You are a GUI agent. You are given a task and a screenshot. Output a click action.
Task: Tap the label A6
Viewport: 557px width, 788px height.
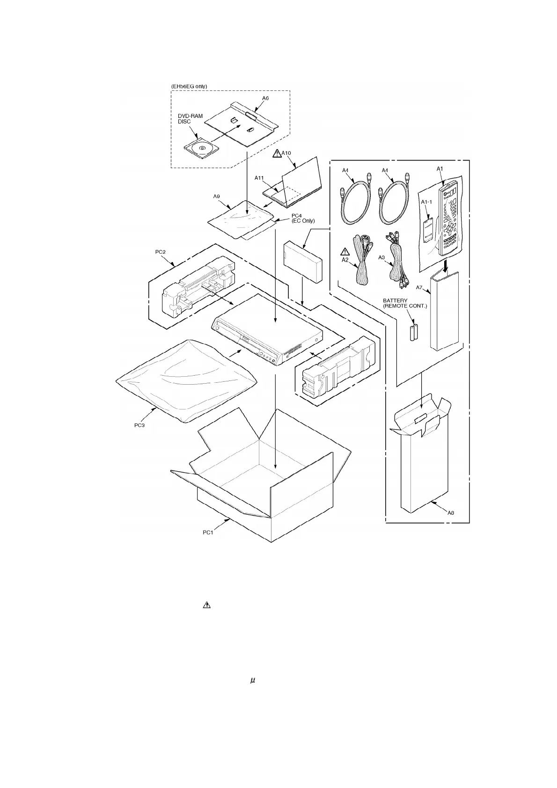coord(265,99)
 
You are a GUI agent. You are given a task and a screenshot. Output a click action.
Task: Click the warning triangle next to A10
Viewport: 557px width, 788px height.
coord(277,153)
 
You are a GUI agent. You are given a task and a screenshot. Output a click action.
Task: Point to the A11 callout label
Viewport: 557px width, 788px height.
coord(260,178)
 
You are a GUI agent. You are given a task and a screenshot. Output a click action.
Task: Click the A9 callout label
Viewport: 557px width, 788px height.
coord(217,197)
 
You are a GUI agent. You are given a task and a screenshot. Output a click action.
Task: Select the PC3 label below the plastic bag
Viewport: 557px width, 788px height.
coord(139,425)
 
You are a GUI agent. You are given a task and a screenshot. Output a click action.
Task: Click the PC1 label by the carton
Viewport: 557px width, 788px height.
coord(209,533)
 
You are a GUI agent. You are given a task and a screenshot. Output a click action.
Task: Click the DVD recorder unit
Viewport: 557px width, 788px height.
coord(267,332)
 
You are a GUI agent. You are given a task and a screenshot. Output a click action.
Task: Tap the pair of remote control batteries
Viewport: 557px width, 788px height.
coord(414,332)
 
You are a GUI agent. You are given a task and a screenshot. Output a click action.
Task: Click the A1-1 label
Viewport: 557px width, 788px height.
coord(425,202)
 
